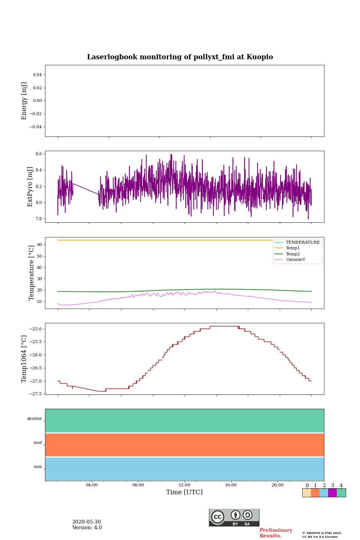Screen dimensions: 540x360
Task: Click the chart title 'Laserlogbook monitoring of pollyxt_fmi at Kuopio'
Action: pyautogui.click(x=180, y=57)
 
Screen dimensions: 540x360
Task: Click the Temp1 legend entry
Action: pyautogui.click(x=293, y=248)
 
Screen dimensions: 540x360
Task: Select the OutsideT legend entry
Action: pyautogui.click(x=295, y=260)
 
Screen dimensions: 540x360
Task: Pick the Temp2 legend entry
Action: pyautogui.click(x=293, y=254)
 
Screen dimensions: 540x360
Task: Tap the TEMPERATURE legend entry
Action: pyautogui.click(x=303, y=242)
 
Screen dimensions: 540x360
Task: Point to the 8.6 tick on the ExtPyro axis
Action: pyautogui.click(x=38, y=154)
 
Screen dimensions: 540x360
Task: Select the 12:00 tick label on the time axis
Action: pyautogui.click(x=184, y=485)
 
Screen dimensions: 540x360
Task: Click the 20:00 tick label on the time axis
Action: pyautogui.click(x=277, y=485)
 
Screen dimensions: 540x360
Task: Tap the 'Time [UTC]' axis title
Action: pyautogui.click(x=184, y=492)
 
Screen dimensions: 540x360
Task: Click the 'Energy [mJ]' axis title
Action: pyautogui.click(x=24, y=101)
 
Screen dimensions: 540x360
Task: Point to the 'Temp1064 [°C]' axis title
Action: pyautogui.click(x=24, y=359)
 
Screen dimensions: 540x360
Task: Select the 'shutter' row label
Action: pyautogui.click(x=34, y=419)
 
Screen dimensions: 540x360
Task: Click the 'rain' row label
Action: pyautogui.click(x=38, y=467)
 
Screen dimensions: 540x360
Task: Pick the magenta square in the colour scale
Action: pyautogui.click(x=332, y=493)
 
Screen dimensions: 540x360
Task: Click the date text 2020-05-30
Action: pyautogui.click(x=87, y=522)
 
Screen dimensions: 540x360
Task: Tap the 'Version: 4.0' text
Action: pyautogui.click(x=87, y=528)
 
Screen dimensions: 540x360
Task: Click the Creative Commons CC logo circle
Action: pyautogui.click(x=217, y=517)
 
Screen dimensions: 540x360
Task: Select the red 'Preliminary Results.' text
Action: pyautogui.click(x=276, y=533)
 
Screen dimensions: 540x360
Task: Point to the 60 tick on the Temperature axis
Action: pyautogui.click(x=39, y=244)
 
